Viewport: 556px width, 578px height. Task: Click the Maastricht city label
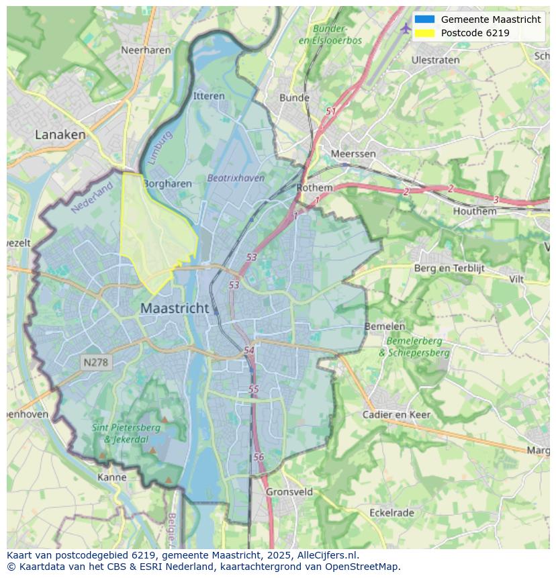(175, 308)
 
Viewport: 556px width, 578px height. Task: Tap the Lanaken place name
(60, 134)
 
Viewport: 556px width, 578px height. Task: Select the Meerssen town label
(353, 154)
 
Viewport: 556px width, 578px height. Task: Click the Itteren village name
(209, 96)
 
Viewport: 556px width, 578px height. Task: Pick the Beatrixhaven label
(235, 178)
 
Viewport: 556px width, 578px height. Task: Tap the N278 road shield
(96, 363)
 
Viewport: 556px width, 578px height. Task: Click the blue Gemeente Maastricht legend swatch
(424, 19)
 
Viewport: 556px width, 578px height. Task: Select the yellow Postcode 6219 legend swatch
(424, 33)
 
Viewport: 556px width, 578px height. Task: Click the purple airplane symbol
(406, 28)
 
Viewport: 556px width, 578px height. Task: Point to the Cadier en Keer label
(396, 414)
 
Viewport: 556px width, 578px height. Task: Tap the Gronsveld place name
(289, 491)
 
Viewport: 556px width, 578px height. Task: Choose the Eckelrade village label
(391, 513)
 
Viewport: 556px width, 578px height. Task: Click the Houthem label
(475, 211)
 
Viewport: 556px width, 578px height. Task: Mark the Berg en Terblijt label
(449, 269)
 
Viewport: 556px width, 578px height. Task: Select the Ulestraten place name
(435, 60)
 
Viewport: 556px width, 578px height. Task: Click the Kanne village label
(111, 477)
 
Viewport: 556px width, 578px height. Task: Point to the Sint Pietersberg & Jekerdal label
(126, 433)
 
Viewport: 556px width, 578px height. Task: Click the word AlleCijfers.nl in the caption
(328, 555)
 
